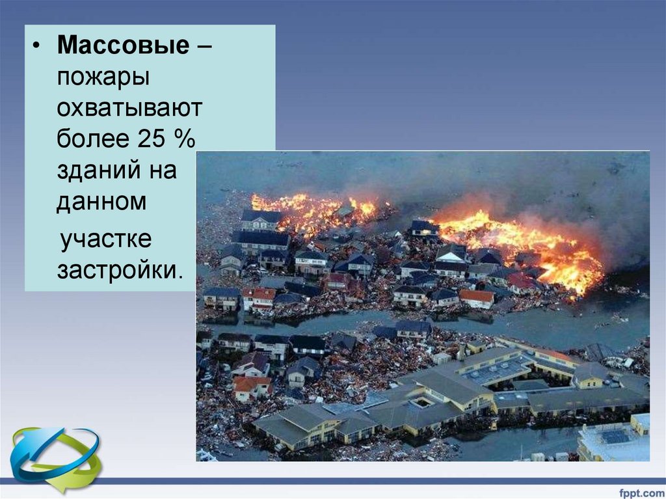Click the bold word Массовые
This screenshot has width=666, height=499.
(123, 44)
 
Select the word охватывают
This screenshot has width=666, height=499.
(129, 107)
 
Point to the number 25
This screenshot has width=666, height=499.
(150, 138)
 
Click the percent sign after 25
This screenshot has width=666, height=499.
(184, 138)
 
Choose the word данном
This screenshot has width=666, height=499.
(101, 202)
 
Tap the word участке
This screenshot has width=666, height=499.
(106, 239)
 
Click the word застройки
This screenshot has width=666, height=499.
(120, 270)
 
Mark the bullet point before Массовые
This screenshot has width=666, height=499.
(37, 46)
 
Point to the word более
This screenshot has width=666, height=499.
(93, 138)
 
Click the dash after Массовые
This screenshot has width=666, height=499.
(204, 45)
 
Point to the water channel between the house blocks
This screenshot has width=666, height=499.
(425, 323)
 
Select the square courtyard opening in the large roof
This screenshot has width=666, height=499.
(422, 401)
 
